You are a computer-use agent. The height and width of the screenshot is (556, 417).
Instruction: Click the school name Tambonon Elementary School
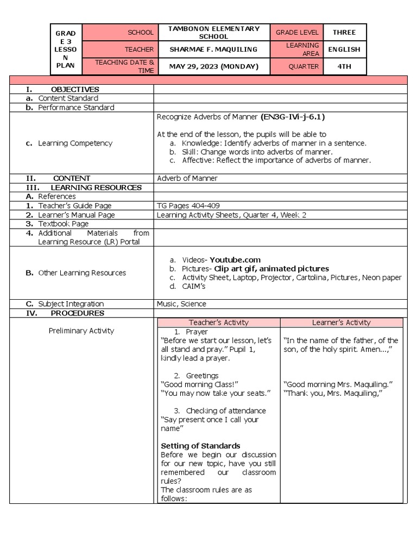pyautogui.click(x=214, y=33)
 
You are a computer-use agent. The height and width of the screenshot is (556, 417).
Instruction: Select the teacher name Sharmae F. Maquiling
pyautogui.click(x=214, y=49)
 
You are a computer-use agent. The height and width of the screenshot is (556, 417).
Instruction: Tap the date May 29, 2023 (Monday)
pyautogui.click(x=214, y=67)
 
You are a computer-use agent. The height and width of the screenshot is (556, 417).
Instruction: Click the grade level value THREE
pyautogui.click(x=344, y=33)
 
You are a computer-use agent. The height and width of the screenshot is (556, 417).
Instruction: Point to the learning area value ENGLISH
pyautogui.click(x=344, y=49)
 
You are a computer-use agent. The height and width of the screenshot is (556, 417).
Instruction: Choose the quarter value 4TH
pyautogui.click(x=344, y=67)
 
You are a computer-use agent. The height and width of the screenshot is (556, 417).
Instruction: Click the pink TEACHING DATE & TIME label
pyautogui.click(x=125, y=67)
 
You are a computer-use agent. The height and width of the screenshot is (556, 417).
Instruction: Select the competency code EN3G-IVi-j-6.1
pyautogui.click(x=293, y=117)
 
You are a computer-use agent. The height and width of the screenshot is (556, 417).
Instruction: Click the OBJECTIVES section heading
pyautogui.click(x=74, y=89)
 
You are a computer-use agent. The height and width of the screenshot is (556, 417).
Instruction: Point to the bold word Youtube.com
pyautogui.click(x=235, y=260)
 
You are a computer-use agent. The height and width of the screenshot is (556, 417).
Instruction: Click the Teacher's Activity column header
pyautogui.click(x=218, y=323)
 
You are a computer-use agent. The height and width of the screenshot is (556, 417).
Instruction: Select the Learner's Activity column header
pyautogui.click(x=341, y=323)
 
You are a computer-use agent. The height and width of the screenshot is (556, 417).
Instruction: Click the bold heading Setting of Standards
pyautogui.click(x=200, y=446)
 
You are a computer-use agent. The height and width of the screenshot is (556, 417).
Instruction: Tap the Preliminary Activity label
pyautogui.click(x=81, y=331)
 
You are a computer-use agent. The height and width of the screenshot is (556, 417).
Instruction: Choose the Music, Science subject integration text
pyautogui.click(x=181, y=304)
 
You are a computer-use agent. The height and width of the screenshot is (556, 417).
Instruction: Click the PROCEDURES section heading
pyautogui.click(x=77, y=313)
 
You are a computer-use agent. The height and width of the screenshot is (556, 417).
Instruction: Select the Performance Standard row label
pyautogui.click(x=76, y=108)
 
